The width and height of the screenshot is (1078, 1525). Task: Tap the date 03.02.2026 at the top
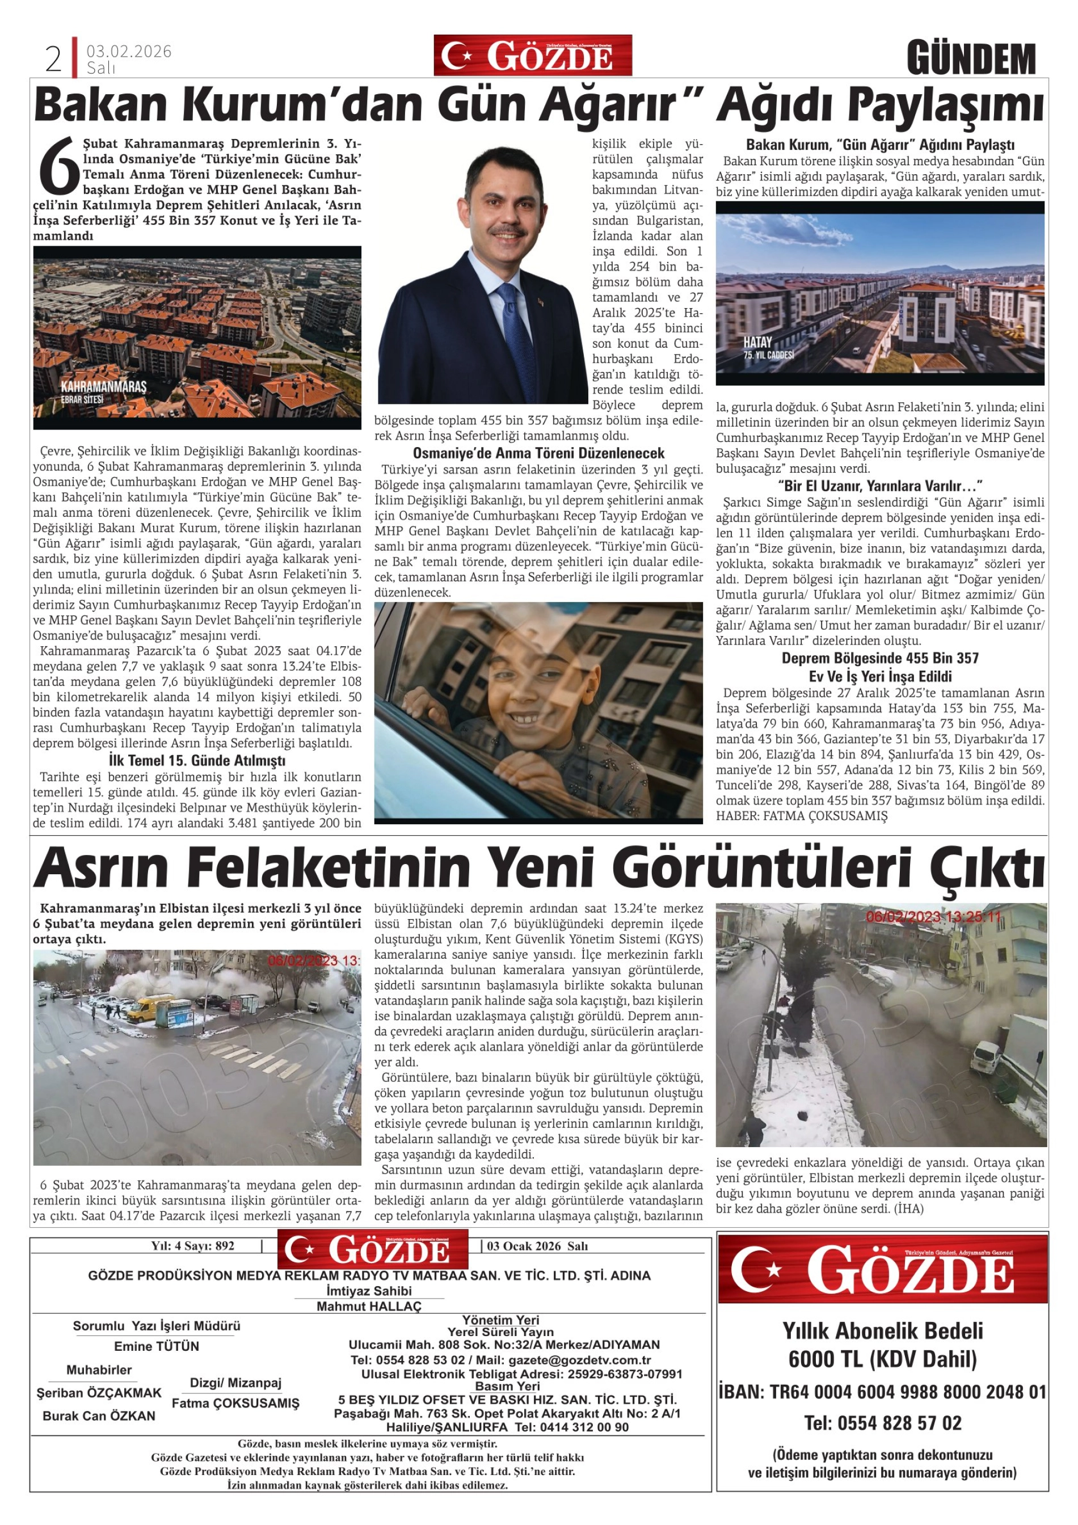pos(129,51)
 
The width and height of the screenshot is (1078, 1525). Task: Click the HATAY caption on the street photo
pos(757,342)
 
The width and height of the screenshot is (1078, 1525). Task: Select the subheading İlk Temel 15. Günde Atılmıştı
pos(197,760)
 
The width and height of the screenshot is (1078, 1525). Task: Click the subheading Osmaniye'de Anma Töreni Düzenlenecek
pos(538,453)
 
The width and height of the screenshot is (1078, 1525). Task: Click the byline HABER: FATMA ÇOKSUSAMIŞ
pos(801,816)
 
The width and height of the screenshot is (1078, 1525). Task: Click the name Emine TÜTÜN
pos(156,1346)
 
